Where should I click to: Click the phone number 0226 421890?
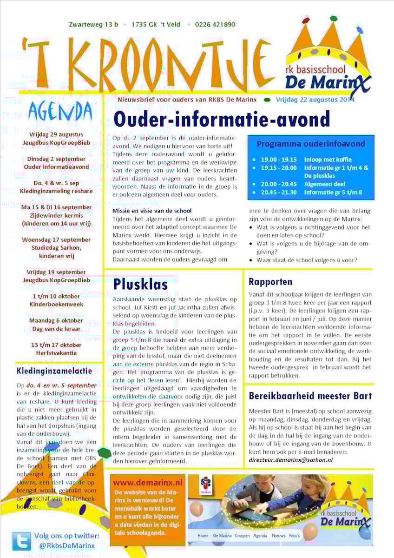(x=215, y=25)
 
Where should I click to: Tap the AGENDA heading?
(x=60, y=111)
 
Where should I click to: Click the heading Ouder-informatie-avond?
(x=222, y=119)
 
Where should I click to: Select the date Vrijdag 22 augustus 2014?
(x=315, y=100)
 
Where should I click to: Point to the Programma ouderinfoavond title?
(x=311, y=144)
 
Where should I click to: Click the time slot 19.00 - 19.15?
(x=278, y=159)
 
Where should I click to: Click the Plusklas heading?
(x=140, y=284)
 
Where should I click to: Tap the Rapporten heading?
(x=270, y=281)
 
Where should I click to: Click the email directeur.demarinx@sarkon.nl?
(x=291, y=459)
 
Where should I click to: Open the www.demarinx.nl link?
(x=148, y=483)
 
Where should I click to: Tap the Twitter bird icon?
(x=22, y=541)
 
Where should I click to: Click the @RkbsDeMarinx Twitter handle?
(x=67, y=546)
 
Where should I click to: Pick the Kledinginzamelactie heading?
(x=54, y=371)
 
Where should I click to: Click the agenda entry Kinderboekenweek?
(x=56, y=304)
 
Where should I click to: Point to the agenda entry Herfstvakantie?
(x=56, y=353)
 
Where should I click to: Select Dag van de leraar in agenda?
(x=56, y=329)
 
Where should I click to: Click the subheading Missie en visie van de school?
(x=152, y=211)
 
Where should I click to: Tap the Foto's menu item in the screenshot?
(x=295, y=536)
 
